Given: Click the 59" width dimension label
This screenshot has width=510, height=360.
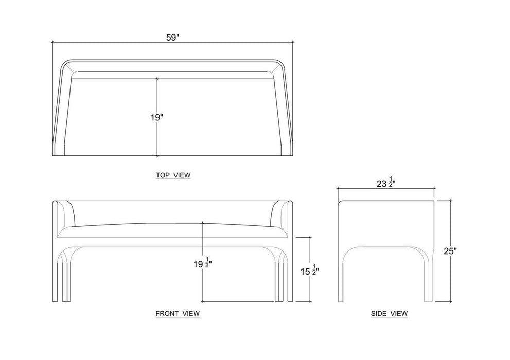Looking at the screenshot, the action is coord(173,38).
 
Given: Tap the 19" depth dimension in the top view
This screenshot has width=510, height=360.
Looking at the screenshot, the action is coord(156,117).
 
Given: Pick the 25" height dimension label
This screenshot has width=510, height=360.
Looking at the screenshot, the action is coord(450,251).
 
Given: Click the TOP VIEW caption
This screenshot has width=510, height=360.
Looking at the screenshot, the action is coord(173,175).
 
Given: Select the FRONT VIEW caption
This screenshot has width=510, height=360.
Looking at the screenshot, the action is coord(178,314).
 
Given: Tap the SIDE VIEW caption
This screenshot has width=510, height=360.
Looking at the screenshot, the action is coord(390,314).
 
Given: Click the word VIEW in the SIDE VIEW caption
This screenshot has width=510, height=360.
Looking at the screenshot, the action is coord(398,314).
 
